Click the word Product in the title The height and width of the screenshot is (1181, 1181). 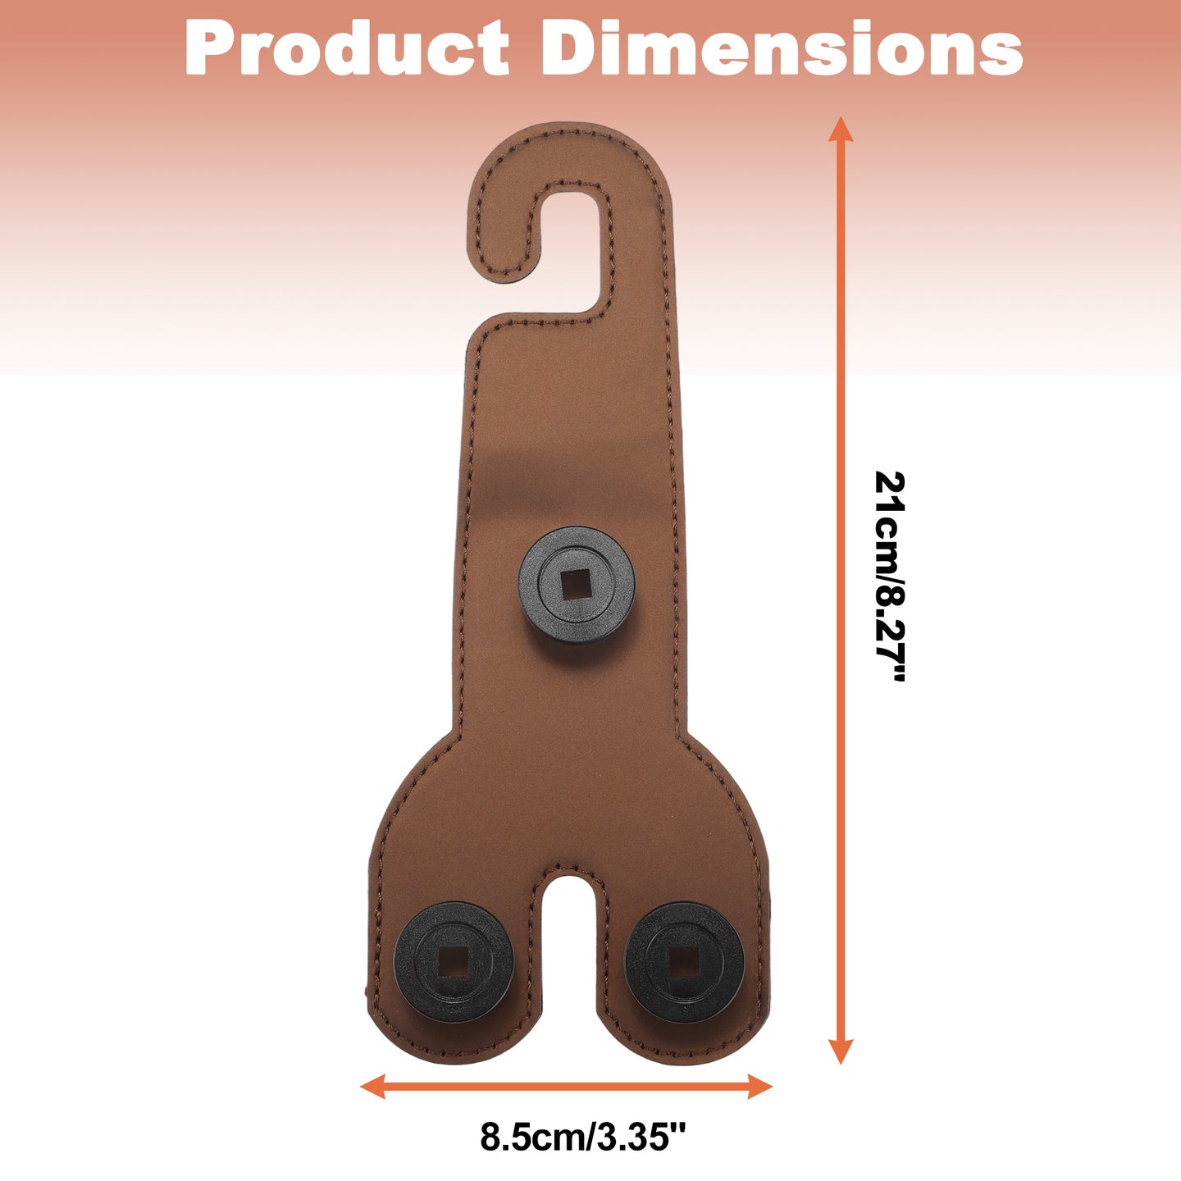pyautogui.click(x=347, y=48)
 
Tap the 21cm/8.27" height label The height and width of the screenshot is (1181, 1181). pyautogui.click(x=890, y=576)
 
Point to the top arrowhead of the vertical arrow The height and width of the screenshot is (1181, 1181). pyautogui.click(x=841, y=129)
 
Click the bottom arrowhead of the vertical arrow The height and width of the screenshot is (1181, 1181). pyautogui.click(x=841, y=1051)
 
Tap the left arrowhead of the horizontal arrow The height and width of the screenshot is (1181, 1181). pyautogui.click(x=372, y=1087)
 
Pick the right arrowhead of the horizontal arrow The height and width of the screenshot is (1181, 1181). pyautogui.click(x=760, y=1087)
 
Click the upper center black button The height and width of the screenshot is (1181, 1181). pyautogui.click(x=576, y=585)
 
